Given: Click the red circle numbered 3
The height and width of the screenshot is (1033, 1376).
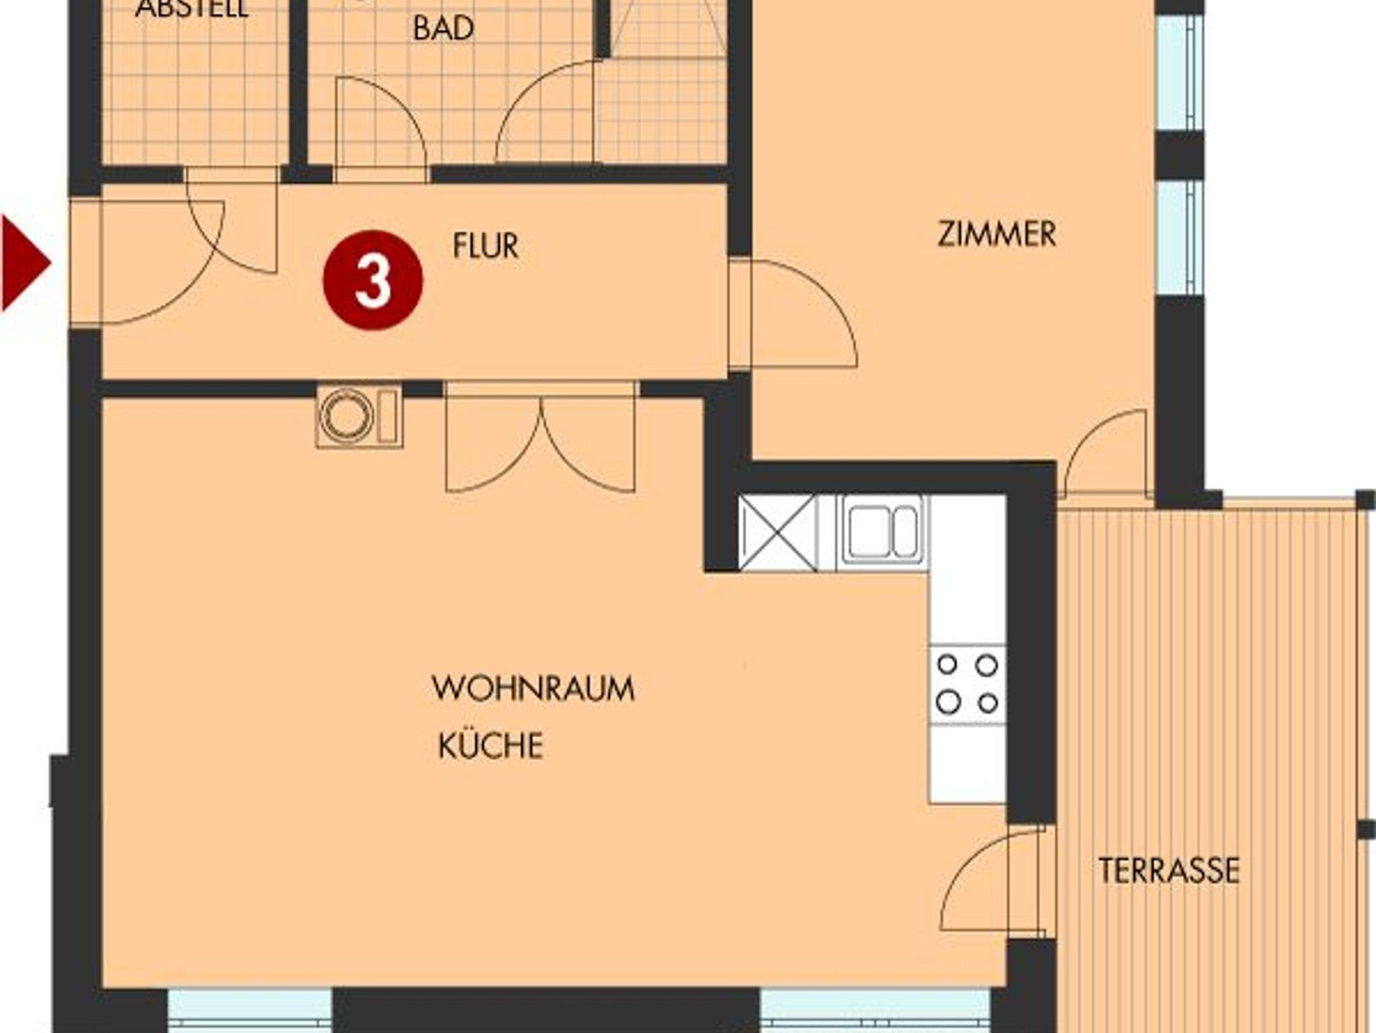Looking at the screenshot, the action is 373,280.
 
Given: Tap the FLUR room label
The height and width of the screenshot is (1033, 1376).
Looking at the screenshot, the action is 486,246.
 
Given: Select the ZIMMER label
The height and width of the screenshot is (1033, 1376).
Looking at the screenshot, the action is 996,234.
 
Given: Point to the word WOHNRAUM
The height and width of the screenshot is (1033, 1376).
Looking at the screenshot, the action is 533,688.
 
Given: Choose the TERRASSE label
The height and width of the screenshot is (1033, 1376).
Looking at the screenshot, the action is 1169,870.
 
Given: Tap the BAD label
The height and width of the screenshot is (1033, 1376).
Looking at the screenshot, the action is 443,28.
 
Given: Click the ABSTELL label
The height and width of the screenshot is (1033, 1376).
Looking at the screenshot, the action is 192,8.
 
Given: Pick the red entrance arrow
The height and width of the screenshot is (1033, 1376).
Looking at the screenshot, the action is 26,263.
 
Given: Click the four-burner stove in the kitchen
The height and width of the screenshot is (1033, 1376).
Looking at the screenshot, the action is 967,684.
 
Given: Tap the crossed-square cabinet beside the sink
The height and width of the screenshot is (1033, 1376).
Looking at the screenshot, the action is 777,533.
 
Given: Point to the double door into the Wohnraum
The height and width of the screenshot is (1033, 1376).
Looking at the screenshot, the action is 541,437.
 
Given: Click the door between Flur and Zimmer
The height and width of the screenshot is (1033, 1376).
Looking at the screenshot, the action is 793,314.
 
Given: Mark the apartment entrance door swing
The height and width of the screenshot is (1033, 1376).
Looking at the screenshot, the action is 161,262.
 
